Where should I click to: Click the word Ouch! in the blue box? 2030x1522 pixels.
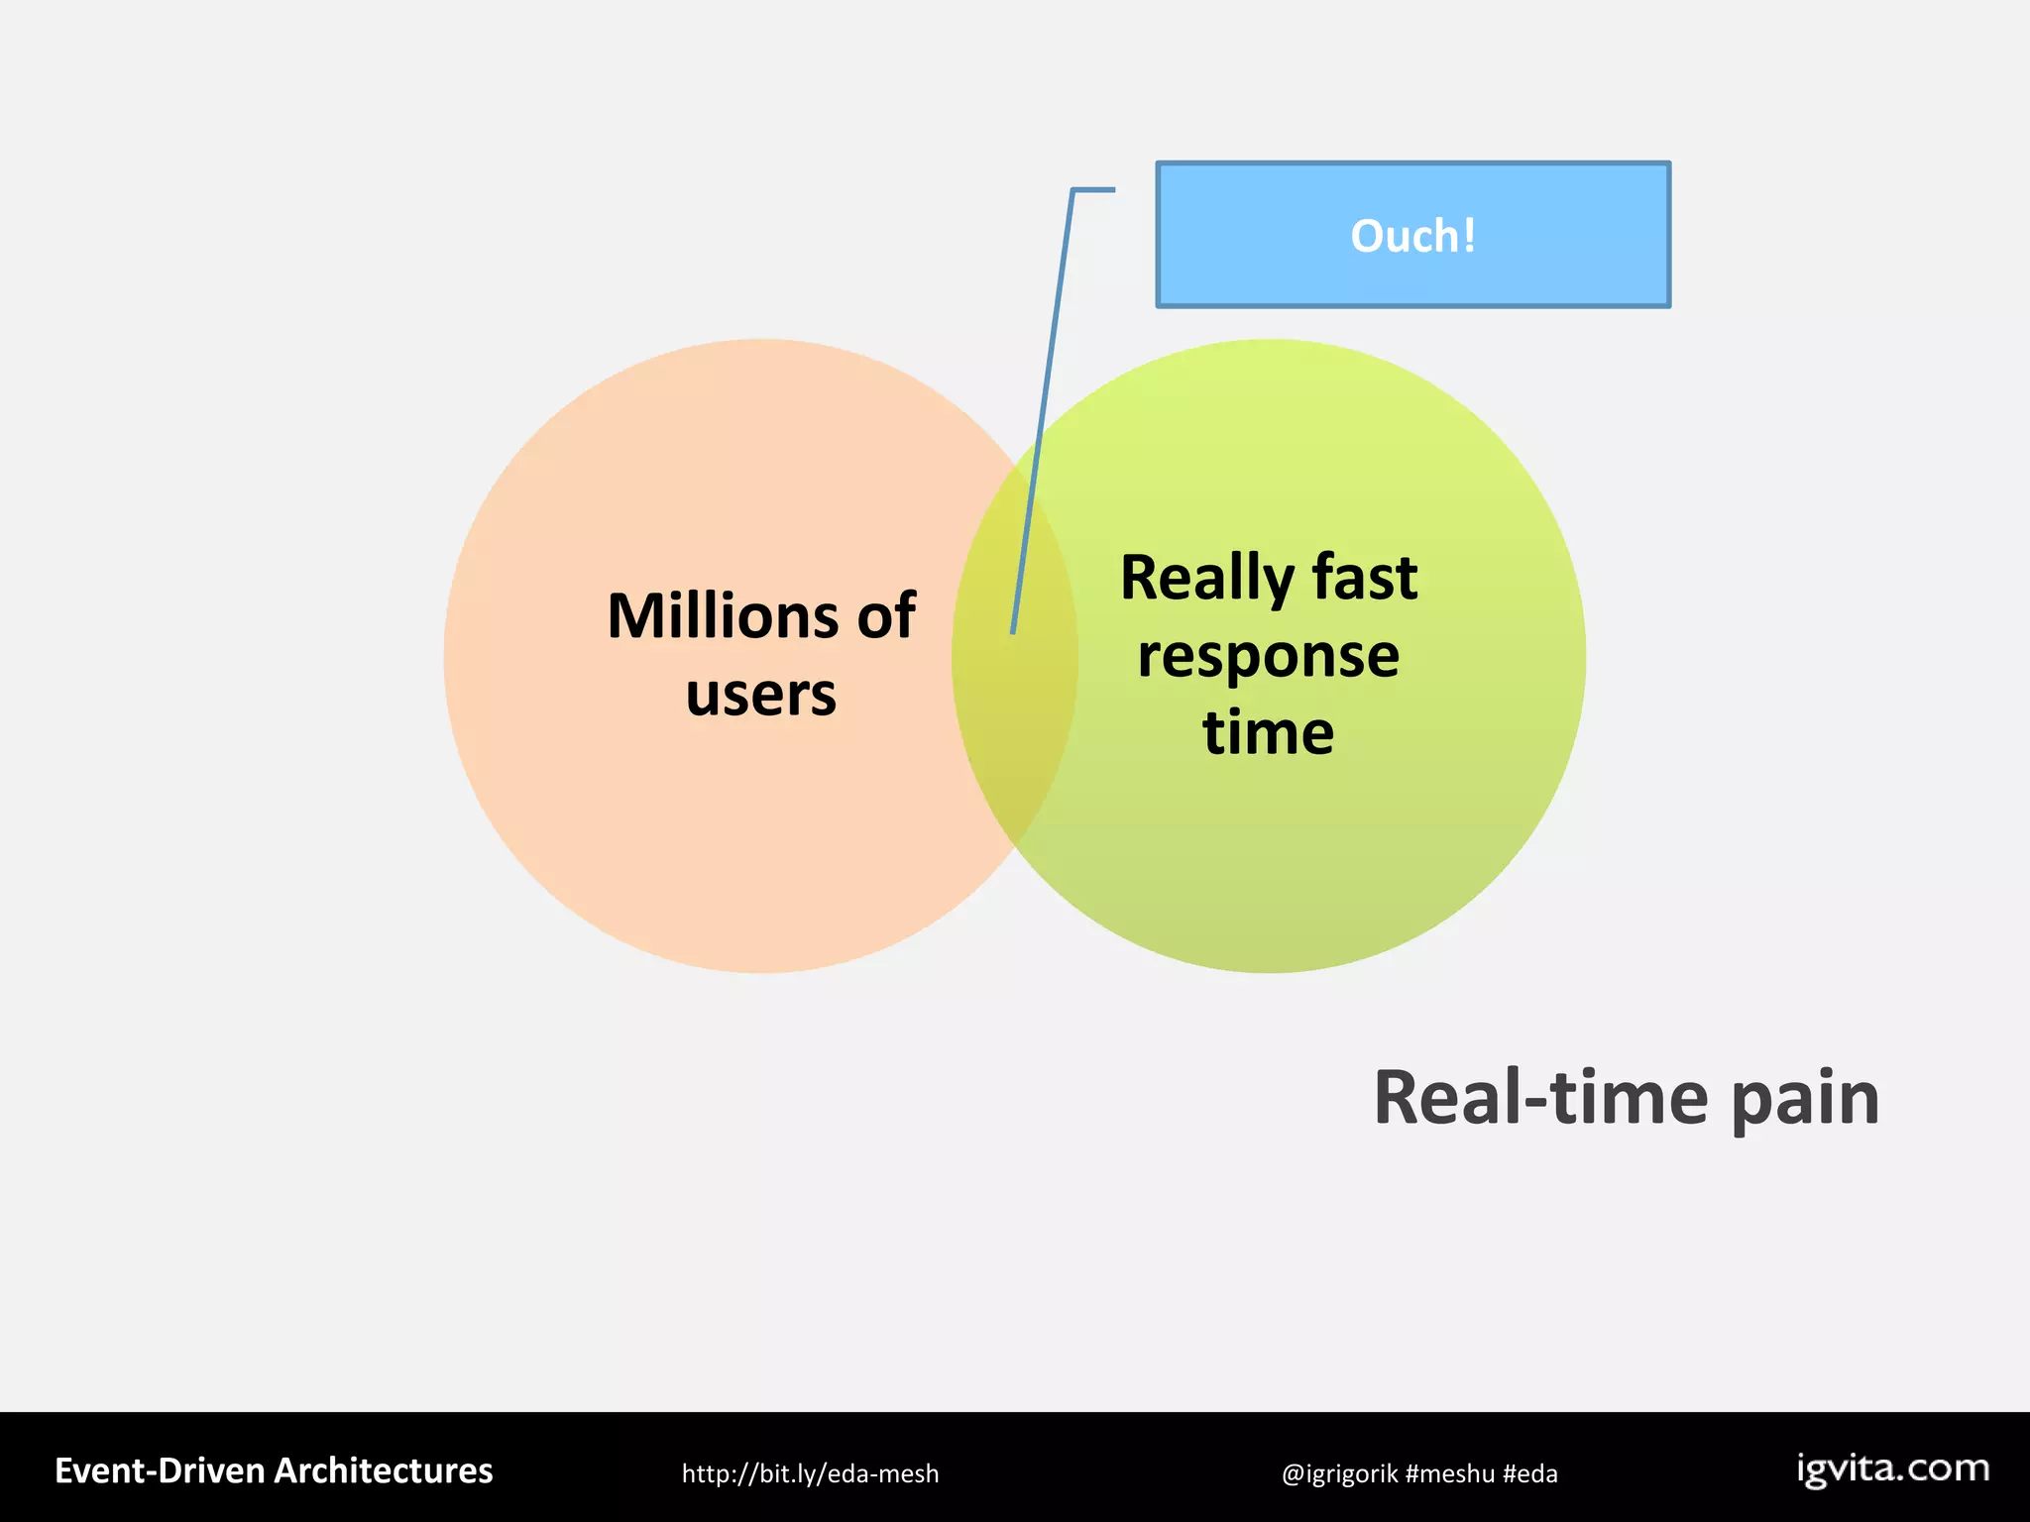point(1412,236)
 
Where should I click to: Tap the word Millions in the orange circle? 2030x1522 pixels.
point(723,616)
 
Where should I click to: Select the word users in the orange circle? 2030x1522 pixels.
point(761,694)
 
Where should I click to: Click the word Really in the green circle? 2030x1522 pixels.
point(1207,578)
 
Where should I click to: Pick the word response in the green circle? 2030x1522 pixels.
point(1269,655)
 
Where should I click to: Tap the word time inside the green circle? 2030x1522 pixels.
point(1269,732)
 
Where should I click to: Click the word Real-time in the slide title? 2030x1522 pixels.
point(1541,1098)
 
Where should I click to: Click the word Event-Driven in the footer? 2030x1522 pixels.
point(160,1470)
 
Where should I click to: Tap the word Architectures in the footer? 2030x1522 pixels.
point(384,1470)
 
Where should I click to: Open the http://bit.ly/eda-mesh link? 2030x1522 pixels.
point(810,1473)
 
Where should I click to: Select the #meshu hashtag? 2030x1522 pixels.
point(1449,1473)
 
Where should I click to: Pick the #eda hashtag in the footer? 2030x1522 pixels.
point(1529,1473)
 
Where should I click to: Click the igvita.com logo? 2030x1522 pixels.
point(1893,1468)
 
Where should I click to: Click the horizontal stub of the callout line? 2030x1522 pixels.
point(1094,189)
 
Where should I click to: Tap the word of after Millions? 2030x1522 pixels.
point(886,616)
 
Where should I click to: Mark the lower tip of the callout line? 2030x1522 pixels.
point(1012,630)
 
